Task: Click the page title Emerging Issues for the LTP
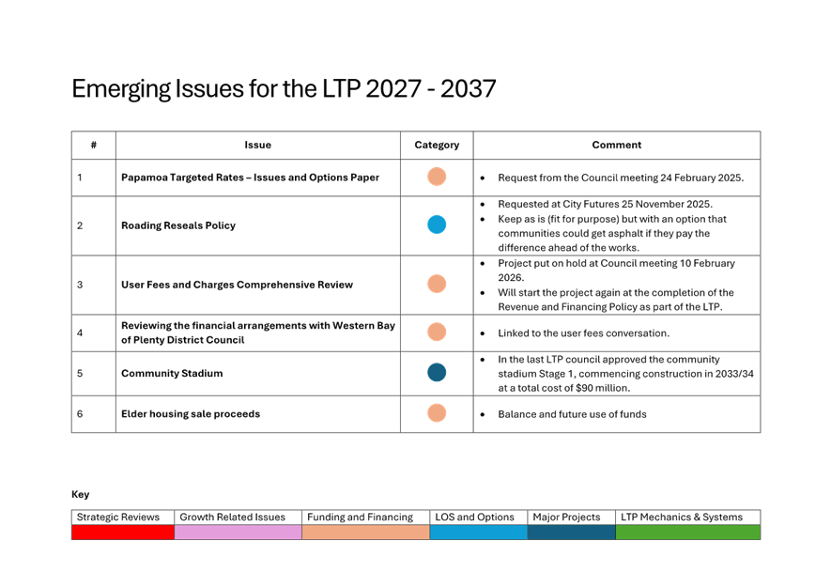click(284, 89)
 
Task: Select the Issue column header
click(257, 146)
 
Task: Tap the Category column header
click(437, 146)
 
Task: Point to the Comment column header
click(617, 146)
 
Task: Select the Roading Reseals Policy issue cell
click(178, 225)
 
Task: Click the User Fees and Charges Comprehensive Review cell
click(237, 285)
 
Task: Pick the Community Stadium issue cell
click(172, 374)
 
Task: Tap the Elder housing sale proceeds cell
click(191, 414)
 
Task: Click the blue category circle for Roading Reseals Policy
click(437, 225)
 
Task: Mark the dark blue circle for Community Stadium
click(437, 373)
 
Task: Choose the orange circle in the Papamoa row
click(437, 177)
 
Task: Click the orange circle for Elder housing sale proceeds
click(437, 413)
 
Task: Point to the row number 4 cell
click(80, 333)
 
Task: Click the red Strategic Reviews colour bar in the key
click(123, 533)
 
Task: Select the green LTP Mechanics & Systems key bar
click(687, 533)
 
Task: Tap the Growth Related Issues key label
click(232, 518)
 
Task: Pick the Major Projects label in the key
click(567, 518)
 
